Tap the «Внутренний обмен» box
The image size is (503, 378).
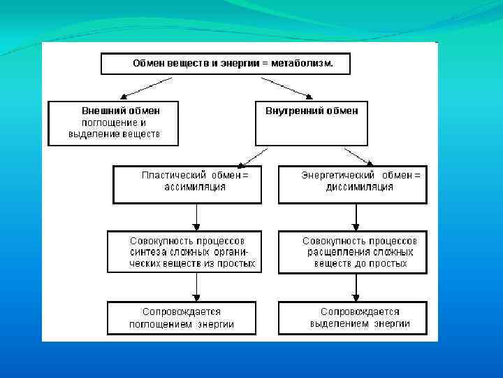[312, 122]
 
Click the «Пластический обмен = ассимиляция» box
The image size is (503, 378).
[187, 183]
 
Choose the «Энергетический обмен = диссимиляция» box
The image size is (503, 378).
[352, 183]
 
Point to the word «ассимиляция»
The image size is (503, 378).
[195, 188]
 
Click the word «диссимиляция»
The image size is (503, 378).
[360, 188]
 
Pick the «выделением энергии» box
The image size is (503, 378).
[352, 317]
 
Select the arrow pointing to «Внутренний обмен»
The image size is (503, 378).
[286, 87]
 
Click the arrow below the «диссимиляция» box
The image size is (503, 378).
[356, 217]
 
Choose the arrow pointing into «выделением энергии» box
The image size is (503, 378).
[356, 286]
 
